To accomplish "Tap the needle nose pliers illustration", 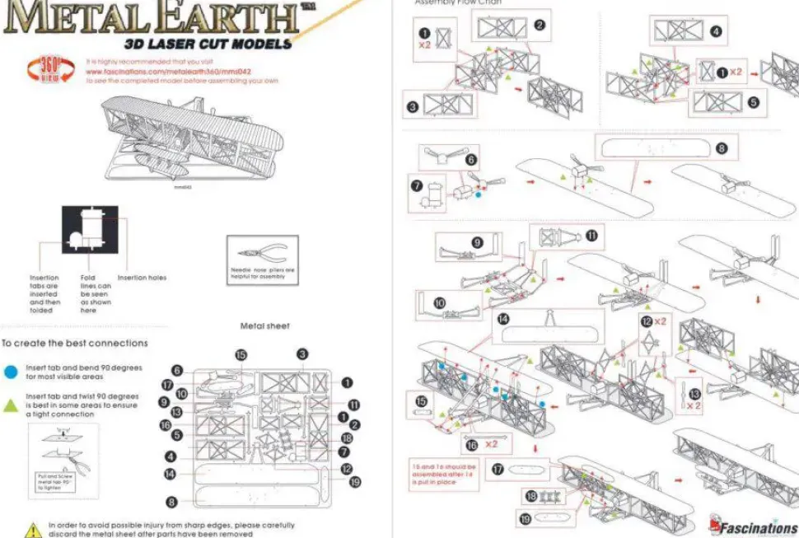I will click(262, 255).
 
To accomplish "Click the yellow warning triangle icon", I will click(33, 528).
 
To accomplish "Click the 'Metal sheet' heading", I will click(264, 326).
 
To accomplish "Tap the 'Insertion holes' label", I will click(142, 278).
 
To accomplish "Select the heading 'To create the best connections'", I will click(75, 343).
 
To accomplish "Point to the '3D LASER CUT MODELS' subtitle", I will click(208, 44).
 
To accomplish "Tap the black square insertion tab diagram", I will click(90, 230).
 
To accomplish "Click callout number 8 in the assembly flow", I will click(722, 149).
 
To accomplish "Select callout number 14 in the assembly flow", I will click(502, 320).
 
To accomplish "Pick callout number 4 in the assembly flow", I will click(716, 31).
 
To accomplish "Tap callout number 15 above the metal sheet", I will click(241, 354).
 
